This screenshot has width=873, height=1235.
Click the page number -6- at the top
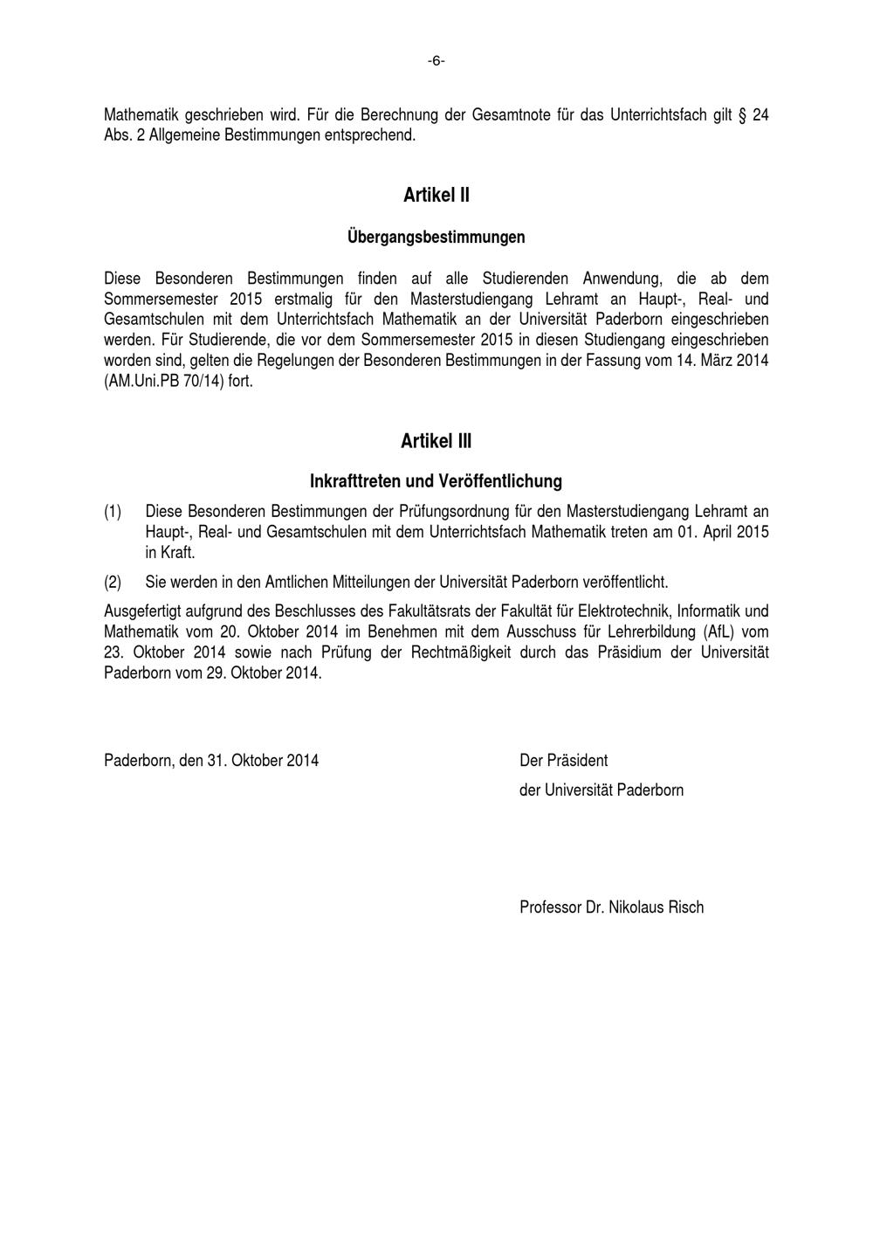pyautogui.click(x=436, y=60)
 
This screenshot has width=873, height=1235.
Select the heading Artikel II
pyautogui.click(x=436, y=195)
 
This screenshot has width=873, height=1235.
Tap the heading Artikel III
pyautogui.click(x=436, y=441)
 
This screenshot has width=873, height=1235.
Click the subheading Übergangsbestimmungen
pyautogui.click(x=436, y=237)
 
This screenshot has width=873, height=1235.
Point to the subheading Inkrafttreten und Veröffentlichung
pyautogui.click(x=436, y=480)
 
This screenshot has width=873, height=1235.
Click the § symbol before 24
pyautogui.click(x=742, y=115)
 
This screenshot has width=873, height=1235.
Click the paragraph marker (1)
pyautogui.click(x=113, y=511)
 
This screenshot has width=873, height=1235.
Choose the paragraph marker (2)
pyautogui.click(x=113, y=582)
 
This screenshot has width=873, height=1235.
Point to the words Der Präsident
pyautogui.click(x=564, y=760)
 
